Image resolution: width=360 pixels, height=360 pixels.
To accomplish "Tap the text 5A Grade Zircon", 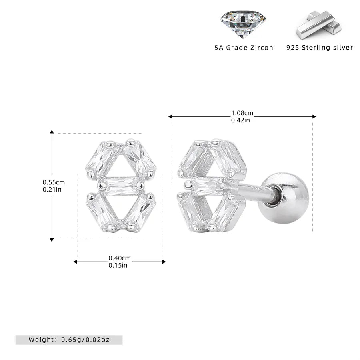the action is click(x=244, y=48).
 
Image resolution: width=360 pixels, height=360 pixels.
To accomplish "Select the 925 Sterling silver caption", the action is click(x=320, y=48).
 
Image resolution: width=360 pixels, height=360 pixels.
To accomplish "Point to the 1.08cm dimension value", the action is click(x=242, y=113).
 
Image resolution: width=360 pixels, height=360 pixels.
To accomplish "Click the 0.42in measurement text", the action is click(x=240, y=120).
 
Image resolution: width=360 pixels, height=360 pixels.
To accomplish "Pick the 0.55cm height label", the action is click(x=54, y=182).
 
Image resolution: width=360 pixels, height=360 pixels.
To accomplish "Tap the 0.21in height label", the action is click(x=52, y=190).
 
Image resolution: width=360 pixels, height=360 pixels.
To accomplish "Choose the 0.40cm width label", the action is click(x=120, y=258).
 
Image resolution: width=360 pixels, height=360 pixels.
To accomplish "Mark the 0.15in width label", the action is click(x=118, y=265).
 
